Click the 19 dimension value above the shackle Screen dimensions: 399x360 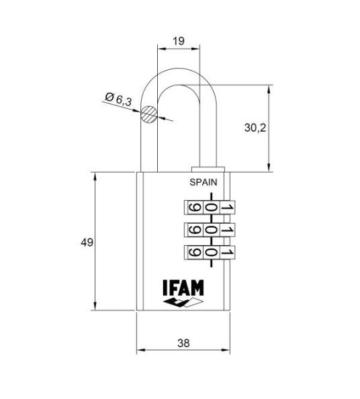[179, 41]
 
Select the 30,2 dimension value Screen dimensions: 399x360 [256, 128]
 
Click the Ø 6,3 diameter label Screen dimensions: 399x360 [120, 100]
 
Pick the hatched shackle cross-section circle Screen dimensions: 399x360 [150, 115]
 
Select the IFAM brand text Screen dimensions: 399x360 [183, 287]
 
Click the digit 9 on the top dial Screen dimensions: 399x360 [193, 208]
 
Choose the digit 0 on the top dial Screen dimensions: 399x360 [210, 208]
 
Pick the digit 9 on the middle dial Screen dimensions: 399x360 [193, 230]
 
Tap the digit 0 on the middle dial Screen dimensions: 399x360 [210, 230]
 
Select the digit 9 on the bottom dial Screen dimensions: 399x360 [193, 253]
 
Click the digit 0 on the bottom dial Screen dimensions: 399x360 [210, 253]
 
